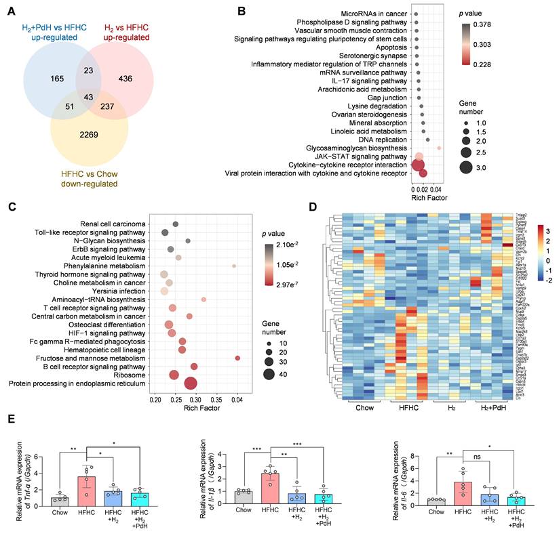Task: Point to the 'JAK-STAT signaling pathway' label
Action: [x=359, y=156]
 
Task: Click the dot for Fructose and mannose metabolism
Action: [x=237, y=358]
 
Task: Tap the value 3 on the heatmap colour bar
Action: [x=547, y=230]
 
